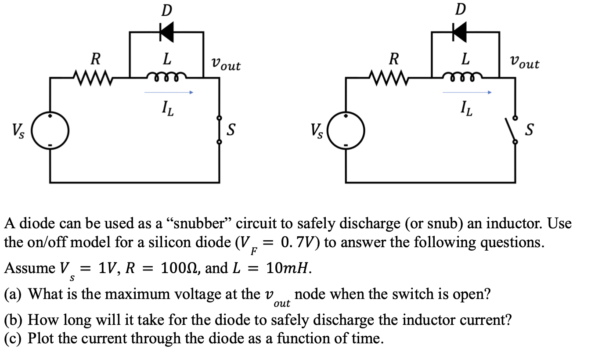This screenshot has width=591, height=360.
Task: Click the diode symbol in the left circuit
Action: (166, 32)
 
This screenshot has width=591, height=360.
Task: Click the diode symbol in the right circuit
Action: (460, 32)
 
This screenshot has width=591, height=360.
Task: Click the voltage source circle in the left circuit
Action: (52, 130)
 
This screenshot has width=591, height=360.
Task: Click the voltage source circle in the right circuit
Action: (346, 130)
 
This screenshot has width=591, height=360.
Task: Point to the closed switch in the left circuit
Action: (220, 130)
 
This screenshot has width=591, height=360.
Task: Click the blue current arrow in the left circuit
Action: (169, 93)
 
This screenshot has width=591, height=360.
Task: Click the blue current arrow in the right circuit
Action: (466, 93)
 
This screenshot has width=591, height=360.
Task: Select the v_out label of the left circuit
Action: (226, 65)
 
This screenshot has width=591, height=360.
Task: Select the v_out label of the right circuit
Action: (525, 63)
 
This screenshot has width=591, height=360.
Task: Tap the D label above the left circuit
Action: (166, 10)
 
